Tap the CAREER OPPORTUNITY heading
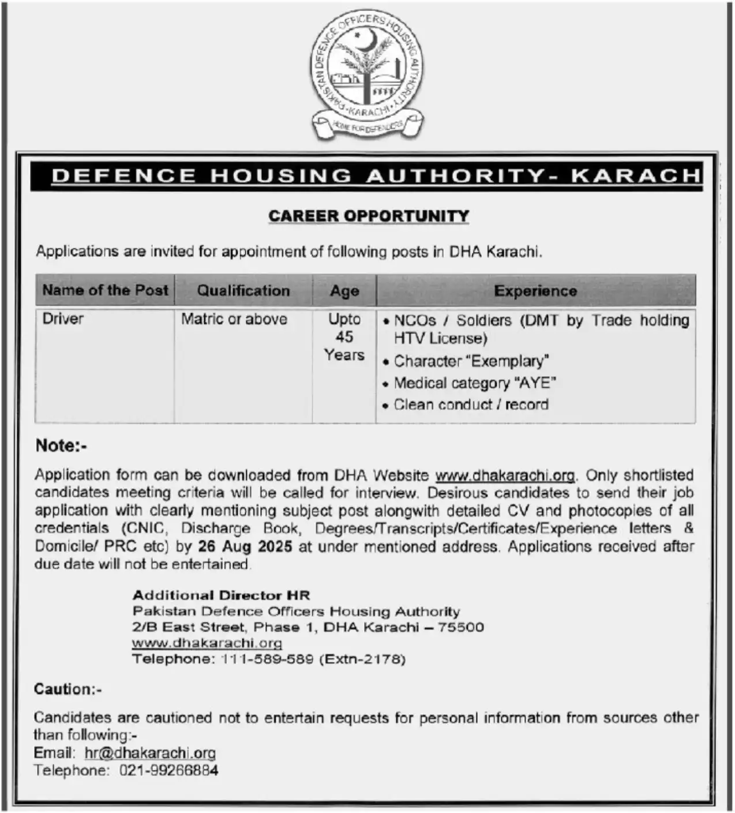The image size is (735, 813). pyautogui.click(x=369, y=216)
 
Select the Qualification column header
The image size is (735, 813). pyautogui.click(x=243, y=290)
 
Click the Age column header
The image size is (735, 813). pyautogui.click(x=344, y=291)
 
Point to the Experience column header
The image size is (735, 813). pyautogui.click(x=535, y=291)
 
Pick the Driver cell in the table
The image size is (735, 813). pyautogui.click(x=63, y=319)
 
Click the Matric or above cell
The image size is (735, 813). pyautogui.click(x=234, y=319)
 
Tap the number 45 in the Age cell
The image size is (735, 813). pyautogui.click(x=344, y=337)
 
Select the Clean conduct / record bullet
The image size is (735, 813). pyautogui.click(x=471, y=404)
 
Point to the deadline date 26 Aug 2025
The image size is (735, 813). pyautogui.click(x=245, y=546)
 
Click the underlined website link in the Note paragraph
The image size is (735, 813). pyautogui.click(x=505, y=475)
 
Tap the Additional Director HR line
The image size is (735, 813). pyautogui.click(x=221, y=595)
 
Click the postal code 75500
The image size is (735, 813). pyautogui.click(x=461, y=627)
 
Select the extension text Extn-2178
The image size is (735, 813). pyautogui.click(x=362, y=659)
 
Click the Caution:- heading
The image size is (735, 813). pyautogui.click(x=67, y=689)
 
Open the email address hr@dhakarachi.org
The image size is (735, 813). pyautogui.click(x=150, y=752)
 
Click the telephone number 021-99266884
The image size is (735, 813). pyautogui.click(x=169, y=770)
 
